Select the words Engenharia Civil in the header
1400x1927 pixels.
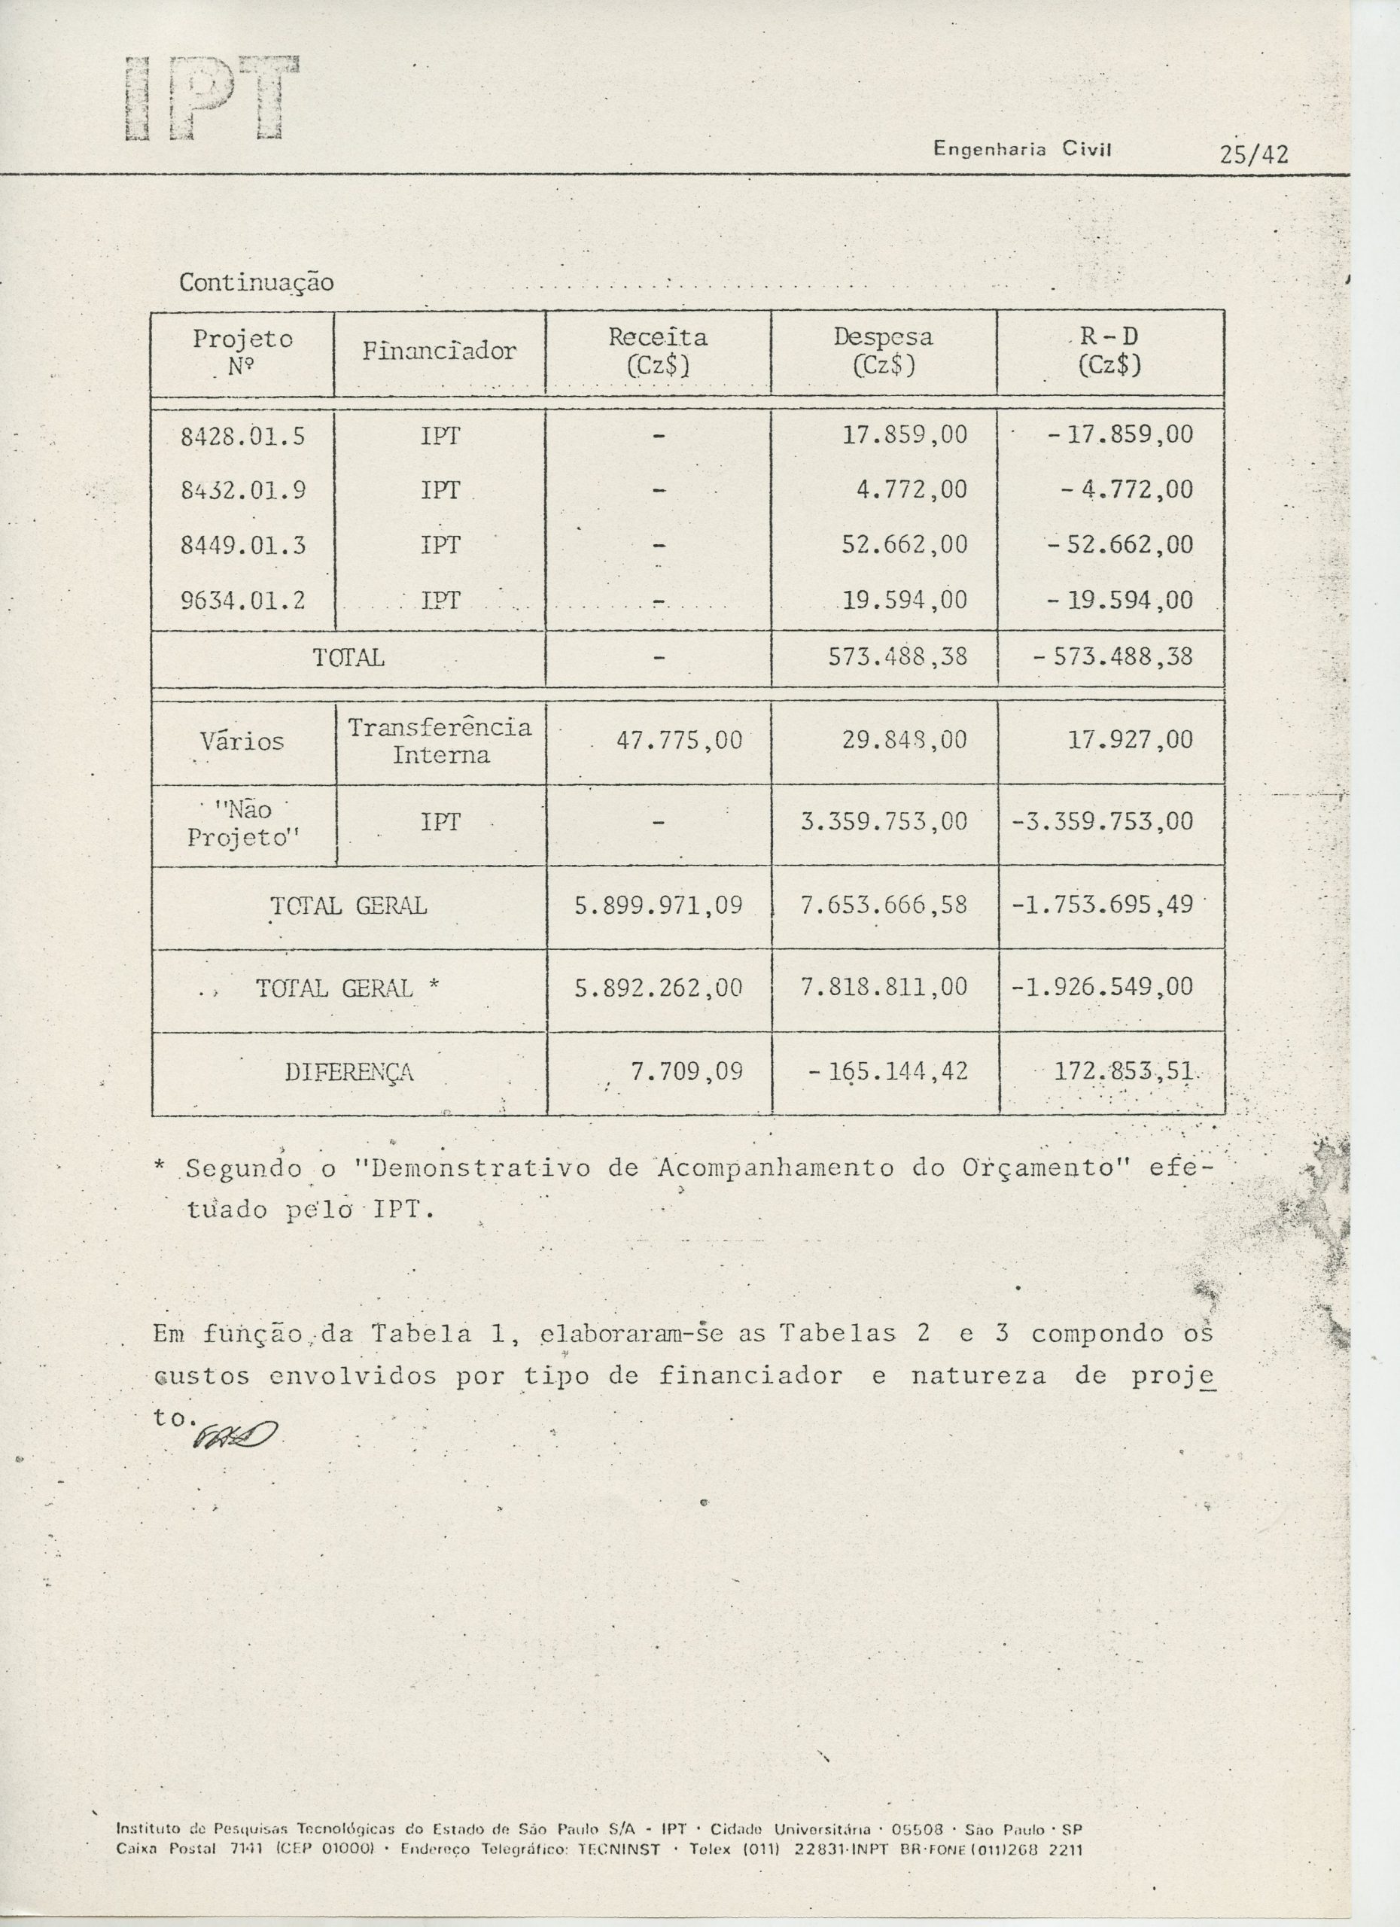click(1023, 150)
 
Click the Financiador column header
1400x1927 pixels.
click(440, 351)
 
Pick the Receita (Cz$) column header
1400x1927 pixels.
click(658, 351)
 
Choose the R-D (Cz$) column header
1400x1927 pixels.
click(1109, 351)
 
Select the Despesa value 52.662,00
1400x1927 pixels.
click(904, 545)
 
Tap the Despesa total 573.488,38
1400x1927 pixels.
click(904, 657)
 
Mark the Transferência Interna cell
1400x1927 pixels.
click(440, 741)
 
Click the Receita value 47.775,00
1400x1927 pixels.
click(679, 740)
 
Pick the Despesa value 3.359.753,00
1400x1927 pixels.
click(884, 821)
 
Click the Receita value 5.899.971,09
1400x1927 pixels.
click(659, 906)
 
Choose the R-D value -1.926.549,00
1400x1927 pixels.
click(1102, 988)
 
